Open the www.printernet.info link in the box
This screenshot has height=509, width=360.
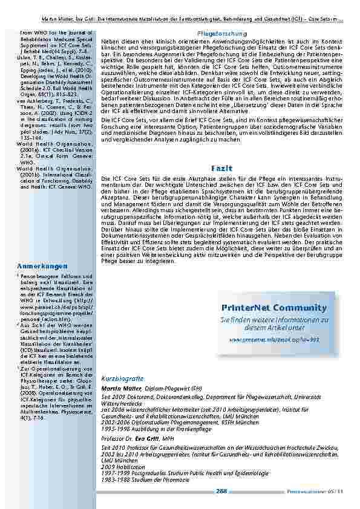click(x=266, y=340)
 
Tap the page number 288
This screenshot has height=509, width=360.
click(x=221, y=491)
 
